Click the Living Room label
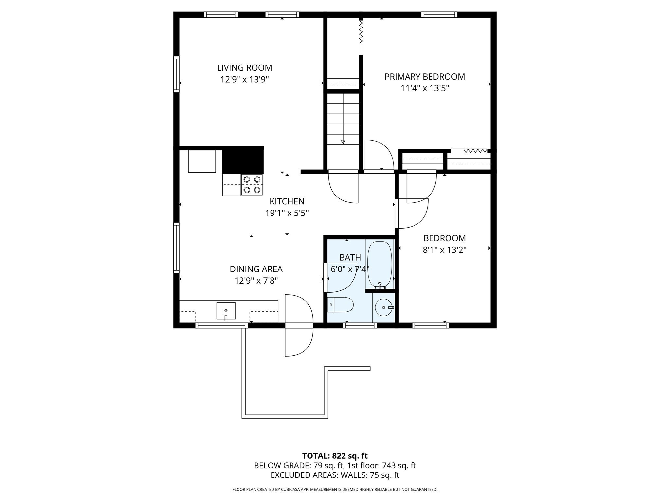click(244, 68)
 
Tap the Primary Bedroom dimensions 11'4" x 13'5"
click(424, 88)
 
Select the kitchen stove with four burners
click(252, 185)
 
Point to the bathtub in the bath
click(379, 264)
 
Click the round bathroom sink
click(383, 307)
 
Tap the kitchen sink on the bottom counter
click(226, 310)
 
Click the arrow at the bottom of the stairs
click(343, 142)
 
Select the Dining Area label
click(256, 269)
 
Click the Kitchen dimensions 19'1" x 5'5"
click(287, 213)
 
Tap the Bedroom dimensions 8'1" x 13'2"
click(444, 250)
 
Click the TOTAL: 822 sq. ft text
click(335, 456)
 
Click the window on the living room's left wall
click(176, 74)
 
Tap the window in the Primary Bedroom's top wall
click(439, 14)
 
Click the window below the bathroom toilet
click(360, 325)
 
